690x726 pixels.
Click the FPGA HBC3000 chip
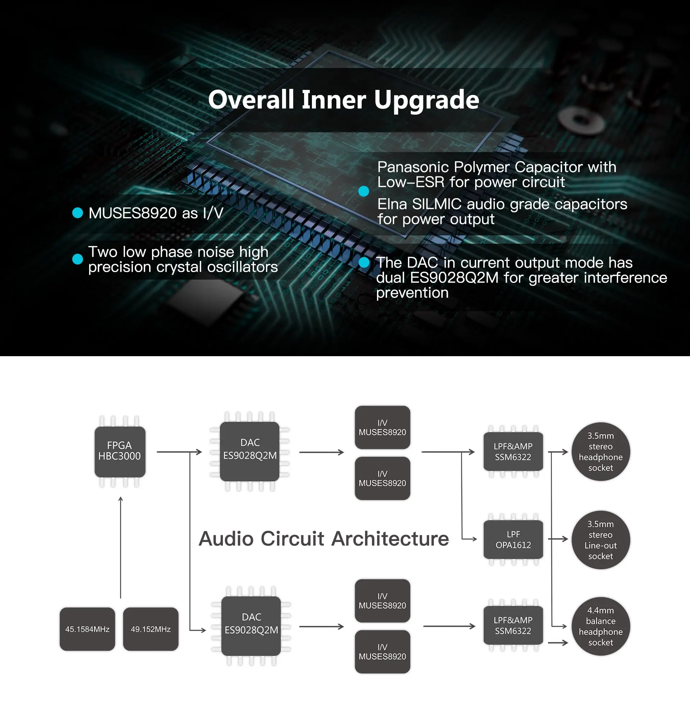pos(120,451)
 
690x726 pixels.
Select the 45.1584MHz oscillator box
pos(87,629)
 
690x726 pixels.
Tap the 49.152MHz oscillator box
pos(151,629)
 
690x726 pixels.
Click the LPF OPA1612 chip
pos(513,539)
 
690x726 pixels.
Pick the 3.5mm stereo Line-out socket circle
pos(600,539)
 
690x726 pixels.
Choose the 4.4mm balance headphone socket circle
pos(600,626)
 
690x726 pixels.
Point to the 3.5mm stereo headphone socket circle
pos(600,451)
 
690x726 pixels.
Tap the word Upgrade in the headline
pos(426,100)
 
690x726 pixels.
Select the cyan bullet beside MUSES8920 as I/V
pos(78,212)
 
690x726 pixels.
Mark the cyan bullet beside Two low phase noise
pos(78,259)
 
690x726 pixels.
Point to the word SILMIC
pos(436,204)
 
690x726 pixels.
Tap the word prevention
pos(412,293)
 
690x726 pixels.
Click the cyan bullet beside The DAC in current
pos(364,263)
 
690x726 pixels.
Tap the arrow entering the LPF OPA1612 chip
pos(470,539)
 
